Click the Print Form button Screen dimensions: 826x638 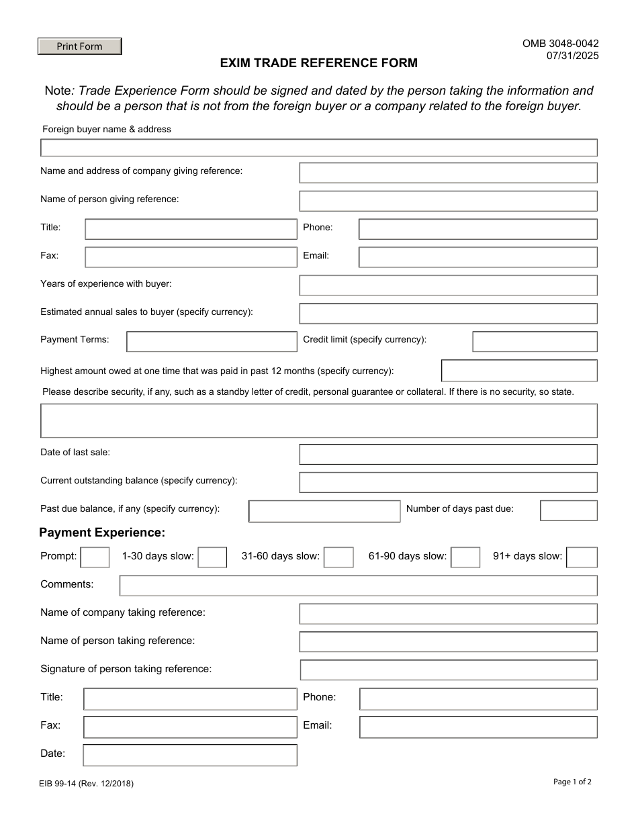79,46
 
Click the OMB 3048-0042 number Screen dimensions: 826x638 560,44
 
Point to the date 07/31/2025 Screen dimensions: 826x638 572,56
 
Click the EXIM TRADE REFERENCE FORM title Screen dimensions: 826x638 319,63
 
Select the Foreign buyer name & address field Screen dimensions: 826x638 319,148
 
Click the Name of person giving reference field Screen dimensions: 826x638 448,201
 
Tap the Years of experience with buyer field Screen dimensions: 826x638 448,285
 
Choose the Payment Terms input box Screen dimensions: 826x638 212,342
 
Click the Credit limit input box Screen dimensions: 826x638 535,342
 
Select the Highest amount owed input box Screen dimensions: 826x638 519,371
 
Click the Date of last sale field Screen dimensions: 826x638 448,455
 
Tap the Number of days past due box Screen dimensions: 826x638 568,510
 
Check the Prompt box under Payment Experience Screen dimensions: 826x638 95,557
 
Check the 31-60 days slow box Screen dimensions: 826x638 338,557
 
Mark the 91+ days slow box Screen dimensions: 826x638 582,557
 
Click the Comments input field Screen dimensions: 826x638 358,586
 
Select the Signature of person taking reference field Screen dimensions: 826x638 448,670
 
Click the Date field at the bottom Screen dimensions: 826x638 190,755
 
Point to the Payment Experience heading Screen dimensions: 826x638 102,533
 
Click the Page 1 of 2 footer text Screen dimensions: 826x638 572,782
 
